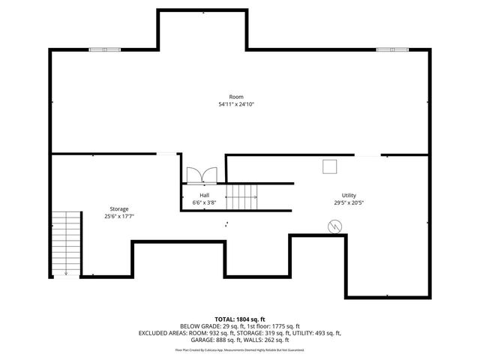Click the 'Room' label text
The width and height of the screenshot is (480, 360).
(236, 97)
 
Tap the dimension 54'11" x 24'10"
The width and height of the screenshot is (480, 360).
(236, 104)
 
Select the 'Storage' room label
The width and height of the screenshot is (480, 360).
(118, 208)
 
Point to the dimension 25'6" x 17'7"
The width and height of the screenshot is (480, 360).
(118, 216)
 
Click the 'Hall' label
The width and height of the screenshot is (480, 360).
(204, 195)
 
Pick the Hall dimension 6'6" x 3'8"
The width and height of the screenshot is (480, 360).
(204, 202)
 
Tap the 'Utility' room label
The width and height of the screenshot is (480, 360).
(349, 195)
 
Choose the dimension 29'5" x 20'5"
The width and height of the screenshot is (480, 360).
(349, 202)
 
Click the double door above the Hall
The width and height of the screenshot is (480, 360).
(201, 175)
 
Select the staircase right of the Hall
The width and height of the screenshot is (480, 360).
(241, 197)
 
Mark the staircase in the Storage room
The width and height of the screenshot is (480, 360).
(66, 242)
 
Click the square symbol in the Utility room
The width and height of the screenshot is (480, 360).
(329, 167)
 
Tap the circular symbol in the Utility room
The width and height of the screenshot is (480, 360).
(334, 226)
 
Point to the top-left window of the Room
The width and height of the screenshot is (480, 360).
(99, 49)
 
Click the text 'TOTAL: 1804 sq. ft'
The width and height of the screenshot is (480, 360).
(239, 319)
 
